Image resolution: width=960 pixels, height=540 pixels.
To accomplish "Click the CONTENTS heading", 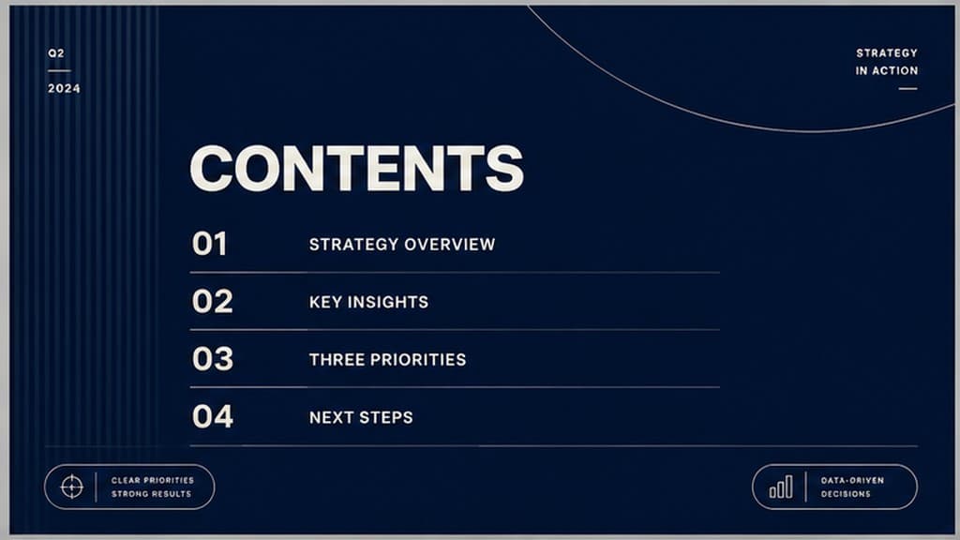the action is click(x=357, y=169).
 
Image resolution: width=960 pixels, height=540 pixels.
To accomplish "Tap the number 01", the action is click(x=209, y=244).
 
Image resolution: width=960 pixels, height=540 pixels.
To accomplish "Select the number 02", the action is click(x=213, y=301).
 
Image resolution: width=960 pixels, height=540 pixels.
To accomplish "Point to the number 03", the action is click(x=213, y=359).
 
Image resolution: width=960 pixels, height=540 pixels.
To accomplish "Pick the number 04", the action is click(x=213, y=416).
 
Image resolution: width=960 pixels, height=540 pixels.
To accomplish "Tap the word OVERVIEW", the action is click(x=449, y=245).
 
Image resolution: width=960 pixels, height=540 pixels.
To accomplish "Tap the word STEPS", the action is click(x=385, y=417).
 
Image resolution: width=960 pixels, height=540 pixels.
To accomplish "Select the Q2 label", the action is click(x=56, y=53).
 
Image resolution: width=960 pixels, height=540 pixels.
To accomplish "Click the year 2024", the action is click(x=65, y=88).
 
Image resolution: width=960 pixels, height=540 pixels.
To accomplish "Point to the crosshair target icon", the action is click(x=71, y=487).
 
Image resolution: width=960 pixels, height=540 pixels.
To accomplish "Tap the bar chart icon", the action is click(x=781, y=487).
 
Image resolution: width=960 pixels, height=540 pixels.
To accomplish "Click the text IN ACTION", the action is click(x=887, y=70).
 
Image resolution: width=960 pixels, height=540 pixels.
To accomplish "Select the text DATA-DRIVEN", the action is click(x=852, y=481).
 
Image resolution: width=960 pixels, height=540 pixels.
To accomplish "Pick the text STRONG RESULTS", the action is click(x=151, y=494).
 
